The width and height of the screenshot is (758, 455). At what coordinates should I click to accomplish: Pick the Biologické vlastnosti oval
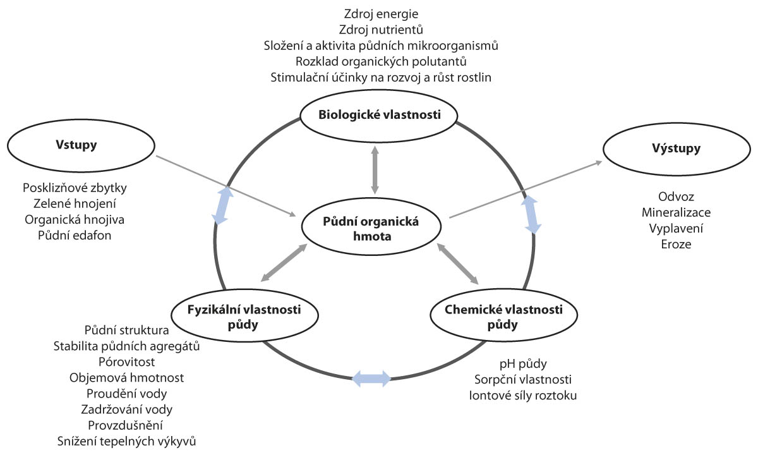pyautogui.click(x=378, y=114)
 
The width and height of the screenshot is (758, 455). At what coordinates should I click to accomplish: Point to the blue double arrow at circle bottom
pyautogui.click(x=372, y=379)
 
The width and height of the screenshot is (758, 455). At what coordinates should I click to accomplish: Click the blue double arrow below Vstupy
pyautogui.click(x=219, y=205)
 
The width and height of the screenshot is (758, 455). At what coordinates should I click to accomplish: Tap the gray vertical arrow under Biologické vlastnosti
pyautogui.click(x=375, y=169)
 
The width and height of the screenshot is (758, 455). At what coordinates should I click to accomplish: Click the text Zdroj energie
pyautogui.click(x=382, y=13)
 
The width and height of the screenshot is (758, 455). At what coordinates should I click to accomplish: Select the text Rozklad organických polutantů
pyautogui.click(x=382, y=62)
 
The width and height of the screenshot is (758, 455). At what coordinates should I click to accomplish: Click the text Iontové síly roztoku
pyautogui.click(x=523, y=396)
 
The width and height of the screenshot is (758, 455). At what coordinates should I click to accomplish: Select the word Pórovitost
pyautogui.click(x=127, y=361)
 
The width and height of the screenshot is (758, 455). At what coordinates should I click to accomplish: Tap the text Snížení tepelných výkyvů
pyautogui.click(x=127, y=441)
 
